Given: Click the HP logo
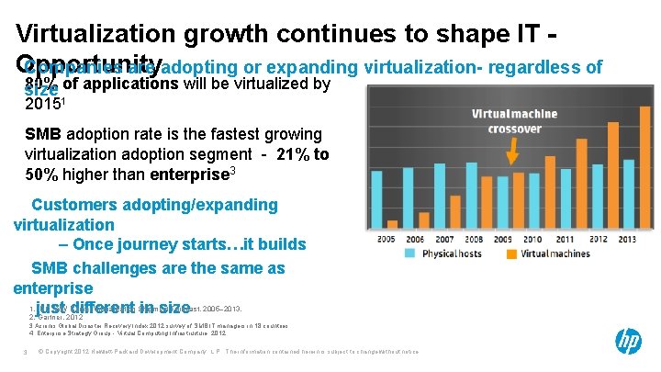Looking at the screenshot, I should [x=629, y=342].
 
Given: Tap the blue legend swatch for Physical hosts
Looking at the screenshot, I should [x=411, y=254].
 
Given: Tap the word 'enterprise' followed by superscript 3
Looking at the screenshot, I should [x=187, y=174].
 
